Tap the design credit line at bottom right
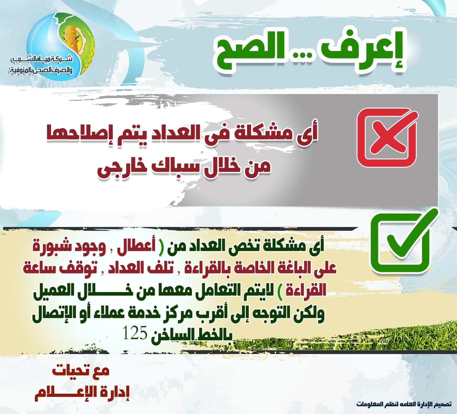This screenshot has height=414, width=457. (x=404, y=404)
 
